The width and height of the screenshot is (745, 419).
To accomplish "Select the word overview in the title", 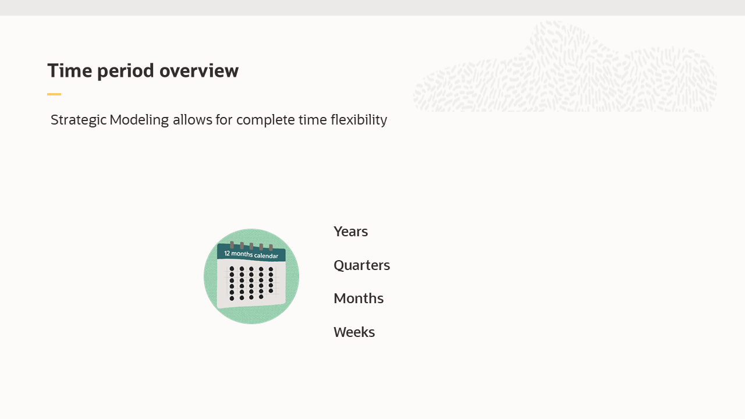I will coord(199,70).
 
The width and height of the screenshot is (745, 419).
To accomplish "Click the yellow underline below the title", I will coord(54,94).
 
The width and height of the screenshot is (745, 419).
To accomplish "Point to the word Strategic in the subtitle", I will coord(79,120).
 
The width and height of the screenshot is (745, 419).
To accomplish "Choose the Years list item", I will coord(350,232).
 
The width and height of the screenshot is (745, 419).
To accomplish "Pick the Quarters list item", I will coord(361,265).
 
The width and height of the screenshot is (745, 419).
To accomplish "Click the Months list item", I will coord(359,299).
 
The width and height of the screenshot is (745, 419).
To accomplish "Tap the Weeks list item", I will coord(354,332).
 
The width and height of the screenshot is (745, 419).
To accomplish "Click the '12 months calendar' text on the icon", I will coord(251,255).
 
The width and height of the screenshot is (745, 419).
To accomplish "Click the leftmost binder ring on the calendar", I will coord(232,244).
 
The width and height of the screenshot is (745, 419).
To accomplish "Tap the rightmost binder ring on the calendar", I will coord(271,247).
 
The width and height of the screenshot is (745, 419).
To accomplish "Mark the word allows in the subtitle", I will coord(191,120).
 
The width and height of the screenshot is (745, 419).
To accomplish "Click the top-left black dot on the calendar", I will coord(232,269).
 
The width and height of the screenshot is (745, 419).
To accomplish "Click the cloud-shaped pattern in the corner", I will coord(565,70).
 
